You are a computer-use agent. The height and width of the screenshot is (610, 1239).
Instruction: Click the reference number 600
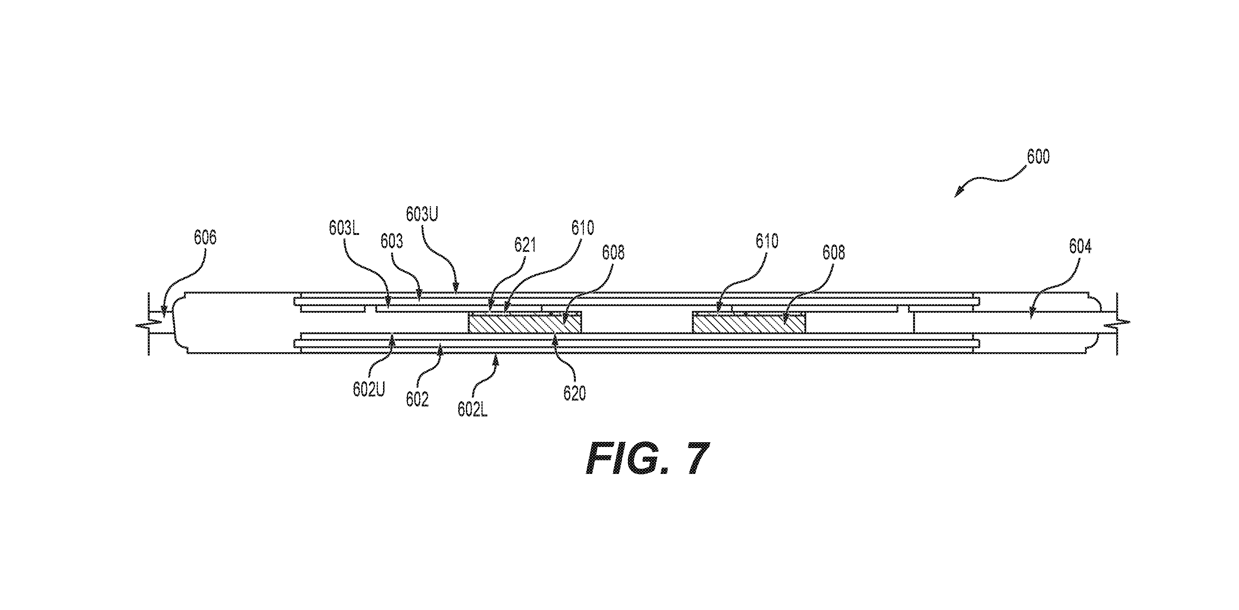(x=1038, y=156)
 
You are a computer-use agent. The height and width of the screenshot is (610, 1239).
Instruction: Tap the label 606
(x=205, y=237)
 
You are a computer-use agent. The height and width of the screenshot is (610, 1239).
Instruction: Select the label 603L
(x=344, y=228)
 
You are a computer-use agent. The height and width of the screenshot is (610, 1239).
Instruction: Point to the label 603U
(x=422, y=214)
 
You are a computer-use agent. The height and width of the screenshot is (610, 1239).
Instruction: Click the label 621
(x=525, y=245)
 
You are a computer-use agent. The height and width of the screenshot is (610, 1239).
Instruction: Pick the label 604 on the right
(x=1080, y=247)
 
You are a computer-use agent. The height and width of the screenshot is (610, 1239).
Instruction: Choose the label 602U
(x=369, y=390)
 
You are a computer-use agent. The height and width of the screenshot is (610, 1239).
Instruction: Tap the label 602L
(x=473, y=409)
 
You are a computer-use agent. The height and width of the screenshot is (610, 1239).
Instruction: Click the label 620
(x=575, y=394)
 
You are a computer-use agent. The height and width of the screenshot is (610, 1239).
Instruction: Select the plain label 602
(x=417, y=400)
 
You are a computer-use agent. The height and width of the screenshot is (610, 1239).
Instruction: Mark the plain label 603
(x=391, y=242)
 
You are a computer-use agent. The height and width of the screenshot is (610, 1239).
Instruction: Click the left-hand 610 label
(x=582, y=228)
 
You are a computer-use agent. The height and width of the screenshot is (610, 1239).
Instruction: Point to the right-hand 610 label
(x=767, y=241)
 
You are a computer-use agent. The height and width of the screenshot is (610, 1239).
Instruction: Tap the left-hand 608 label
(x=613, y=253)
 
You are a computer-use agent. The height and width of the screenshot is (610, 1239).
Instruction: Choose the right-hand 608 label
(x=833, y=253)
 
